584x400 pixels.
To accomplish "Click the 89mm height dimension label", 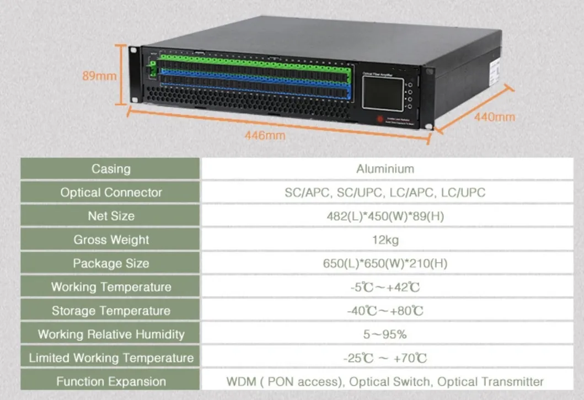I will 99,76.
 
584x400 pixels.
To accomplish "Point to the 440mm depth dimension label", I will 494,117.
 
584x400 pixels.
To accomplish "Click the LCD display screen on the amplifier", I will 382,93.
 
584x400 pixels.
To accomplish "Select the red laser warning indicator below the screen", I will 380,119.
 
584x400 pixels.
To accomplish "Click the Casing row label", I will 111,169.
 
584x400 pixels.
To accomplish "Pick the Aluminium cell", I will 385,169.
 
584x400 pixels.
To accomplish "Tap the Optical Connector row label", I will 111,193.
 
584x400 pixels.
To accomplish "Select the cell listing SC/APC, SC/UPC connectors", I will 385,193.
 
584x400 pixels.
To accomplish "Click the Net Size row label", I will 111,216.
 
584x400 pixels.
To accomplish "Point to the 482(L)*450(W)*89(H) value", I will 385,216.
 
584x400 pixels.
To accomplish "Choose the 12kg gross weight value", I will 385,240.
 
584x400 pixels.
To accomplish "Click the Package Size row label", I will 111,264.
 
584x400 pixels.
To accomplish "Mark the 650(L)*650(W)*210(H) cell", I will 385,264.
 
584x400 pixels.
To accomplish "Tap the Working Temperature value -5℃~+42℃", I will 385,287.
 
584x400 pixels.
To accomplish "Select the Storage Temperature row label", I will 111,311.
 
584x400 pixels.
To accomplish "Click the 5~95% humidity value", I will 385,334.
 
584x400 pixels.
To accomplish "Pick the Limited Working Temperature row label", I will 111,358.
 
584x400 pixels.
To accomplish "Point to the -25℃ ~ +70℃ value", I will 385,358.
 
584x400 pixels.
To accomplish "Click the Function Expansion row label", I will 111,381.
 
